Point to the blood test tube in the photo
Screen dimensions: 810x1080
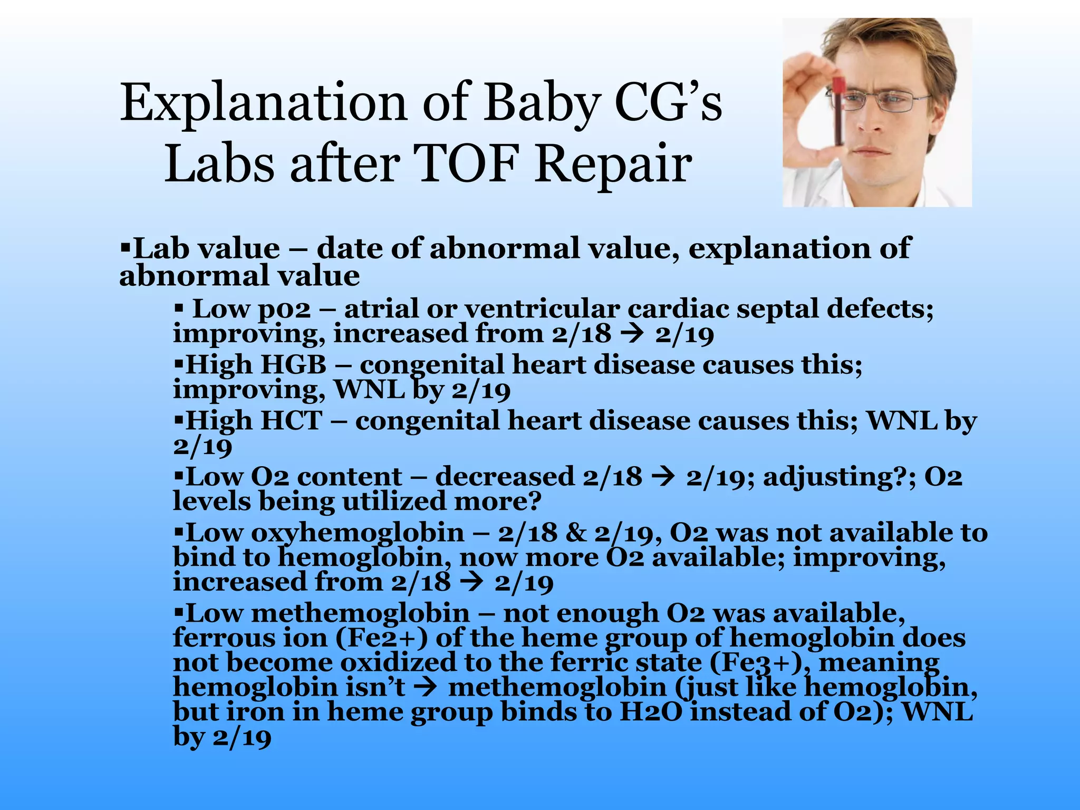pos(839,111)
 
